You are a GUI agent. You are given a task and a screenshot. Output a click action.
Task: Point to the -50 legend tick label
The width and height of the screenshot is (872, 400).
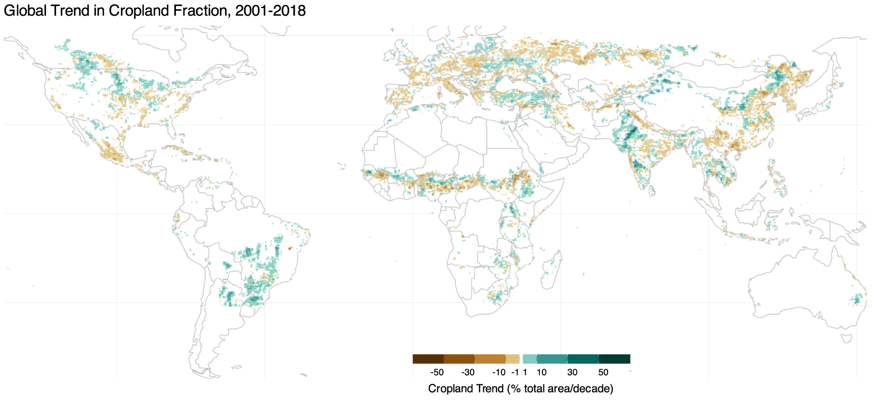click(x=437, y=373)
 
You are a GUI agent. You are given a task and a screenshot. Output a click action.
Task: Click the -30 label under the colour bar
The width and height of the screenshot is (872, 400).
click(x=468, y=373)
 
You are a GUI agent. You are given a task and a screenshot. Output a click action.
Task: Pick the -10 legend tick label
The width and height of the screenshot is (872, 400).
click(x=498, y=373)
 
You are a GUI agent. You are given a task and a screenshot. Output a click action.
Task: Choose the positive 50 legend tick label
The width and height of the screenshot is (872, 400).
click(x=603, y=373)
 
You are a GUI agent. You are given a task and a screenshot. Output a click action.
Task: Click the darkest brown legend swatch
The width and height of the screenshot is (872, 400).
click(x=428, y=359)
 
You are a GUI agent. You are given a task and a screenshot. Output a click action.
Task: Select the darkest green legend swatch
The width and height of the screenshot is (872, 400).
click(x=614, y=359)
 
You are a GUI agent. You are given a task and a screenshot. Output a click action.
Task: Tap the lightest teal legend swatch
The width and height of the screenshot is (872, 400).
click(x=529, y=359)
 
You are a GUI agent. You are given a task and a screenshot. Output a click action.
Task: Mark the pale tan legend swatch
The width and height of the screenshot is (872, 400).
click(x=513, y=359)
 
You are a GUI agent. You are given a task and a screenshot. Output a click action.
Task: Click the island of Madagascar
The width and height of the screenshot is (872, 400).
click(x=552, y=265)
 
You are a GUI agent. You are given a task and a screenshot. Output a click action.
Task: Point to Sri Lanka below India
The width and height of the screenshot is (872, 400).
click(x=652, y=190)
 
